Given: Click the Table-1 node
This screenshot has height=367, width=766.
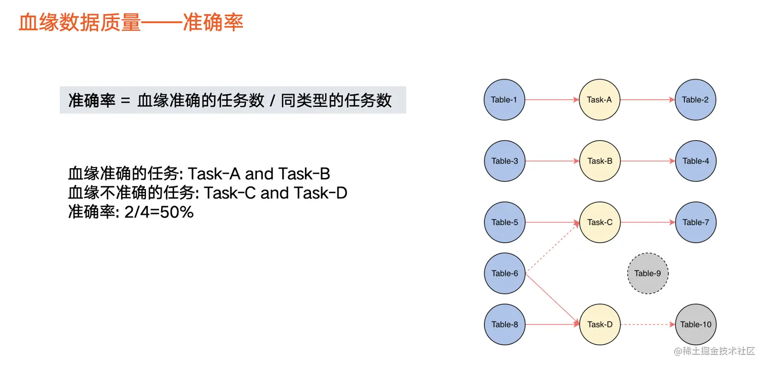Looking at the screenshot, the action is pos(504,99).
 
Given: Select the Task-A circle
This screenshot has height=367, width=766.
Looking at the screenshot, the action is pos(599,99).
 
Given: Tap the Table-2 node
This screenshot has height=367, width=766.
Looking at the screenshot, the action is pos(695,99).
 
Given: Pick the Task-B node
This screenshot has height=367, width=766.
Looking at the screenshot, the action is pos(600,161).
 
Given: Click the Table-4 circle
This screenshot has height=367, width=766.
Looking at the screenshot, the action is pos(696,161).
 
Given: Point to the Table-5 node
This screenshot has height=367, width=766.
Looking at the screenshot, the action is pos(505,222).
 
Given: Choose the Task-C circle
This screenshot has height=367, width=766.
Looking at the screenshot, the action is pos(600,222).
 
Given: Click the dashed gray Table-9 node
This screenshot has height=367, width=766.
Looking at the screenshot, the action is pos(647,273).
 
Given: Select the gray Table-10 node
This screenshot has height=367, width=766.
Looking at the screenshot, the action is pos(696,324).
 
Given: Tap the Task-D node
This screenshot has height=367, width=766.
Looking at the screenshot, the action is pos(600,324).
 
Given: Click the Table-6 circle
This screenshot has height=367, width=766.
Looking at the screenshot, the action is pos(505,273).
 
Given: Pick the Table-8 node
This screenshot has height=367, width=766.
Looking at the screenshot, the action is pos(505,324).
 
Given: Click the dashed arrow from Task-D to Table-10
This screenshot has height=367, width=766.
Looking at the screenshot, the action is pos(647,324).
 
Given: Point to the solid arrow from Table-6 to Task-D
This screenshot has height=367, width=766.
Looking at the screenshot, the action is pos(552,299).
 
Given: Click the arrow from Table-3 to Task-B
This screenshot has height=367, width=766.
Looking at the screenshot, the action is pos(552,161).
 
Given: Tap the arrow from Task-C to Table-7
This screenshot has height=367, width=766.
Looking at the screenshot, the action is pos(648,222).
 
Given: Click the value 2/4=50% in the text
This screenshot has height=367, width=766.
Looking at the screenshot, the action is pos(159,212).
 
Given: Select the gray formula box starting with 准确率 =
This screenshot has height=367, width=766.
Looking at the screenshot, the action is pos(233,100).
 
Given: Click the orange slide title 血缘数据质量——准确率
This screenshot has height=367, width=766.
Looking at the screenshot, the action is pos(131,23).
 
